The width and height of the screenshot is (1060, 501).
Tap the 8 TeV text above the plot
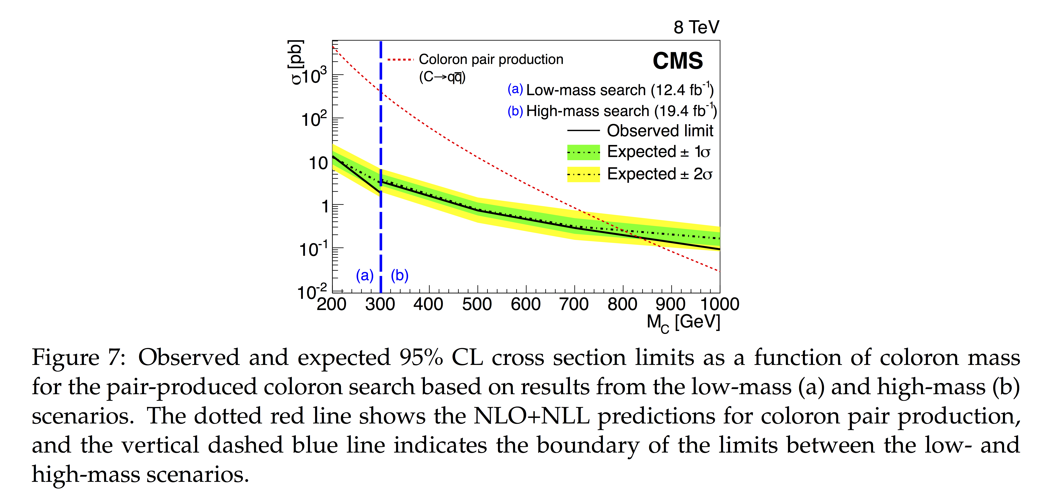pos(696,28)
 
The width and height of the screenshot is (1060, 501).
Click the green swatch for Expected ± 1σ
pos(583,152)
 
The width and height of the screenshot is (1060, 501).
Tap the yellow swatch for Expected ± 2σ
pos(583,174)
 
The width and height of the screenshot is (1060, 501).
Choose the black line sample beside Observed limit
pos(583,131)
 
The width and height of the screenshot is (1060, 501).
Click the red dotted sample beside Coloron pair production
pos(400,60)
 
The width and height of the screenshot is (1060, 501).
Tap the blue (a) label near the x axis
pos(365,275)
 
